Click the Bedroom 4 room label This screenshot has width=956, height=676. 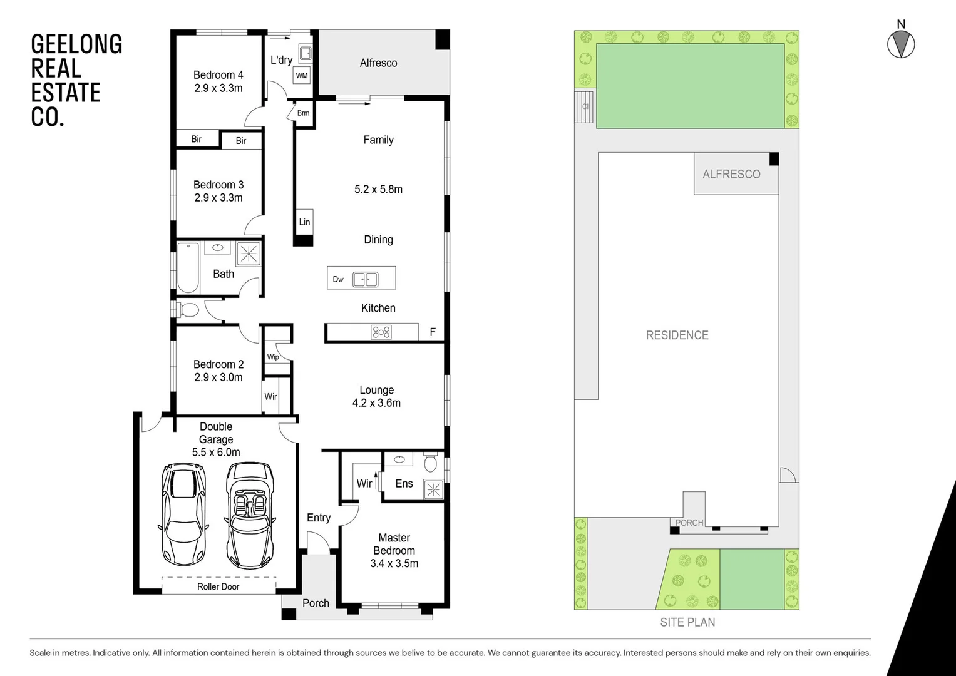(218, 75)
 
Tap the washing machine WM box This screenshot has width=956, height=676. (302, 76)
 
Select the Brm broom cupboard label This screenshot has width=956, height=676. (303, 113)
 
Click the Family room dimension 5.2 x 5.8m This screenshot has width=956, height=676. (378, 189)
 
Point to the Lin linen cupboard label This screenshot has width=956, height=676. (304, 222)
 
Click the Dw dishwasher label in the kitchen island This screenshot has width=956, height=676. (338, 279)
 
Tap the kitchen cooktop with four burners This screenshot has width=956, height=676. (381, 332)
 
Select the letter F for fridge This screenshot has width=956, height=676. (433, 332)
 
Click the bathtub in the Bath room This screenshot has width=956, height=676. (188, 268)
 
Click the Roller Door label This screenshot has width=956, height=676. (218, 586)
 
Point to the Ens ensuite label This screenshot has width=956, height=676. (404, 483)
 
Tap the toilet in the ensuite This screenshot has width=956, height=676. (430, 463)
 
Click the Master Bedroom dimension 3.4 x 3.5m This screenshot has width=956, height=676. (394, 563)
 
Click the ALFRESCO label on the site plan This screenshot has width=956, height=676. (731, 174)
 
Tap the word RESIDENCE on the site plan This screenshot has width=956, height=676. (677, 335)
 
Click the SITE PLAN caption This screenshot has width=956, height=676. (687, 622)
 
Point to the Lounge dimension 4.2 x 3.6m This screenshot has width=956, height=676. (376, 403)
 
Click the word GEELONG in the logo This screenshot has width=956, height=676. (76, 44)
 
